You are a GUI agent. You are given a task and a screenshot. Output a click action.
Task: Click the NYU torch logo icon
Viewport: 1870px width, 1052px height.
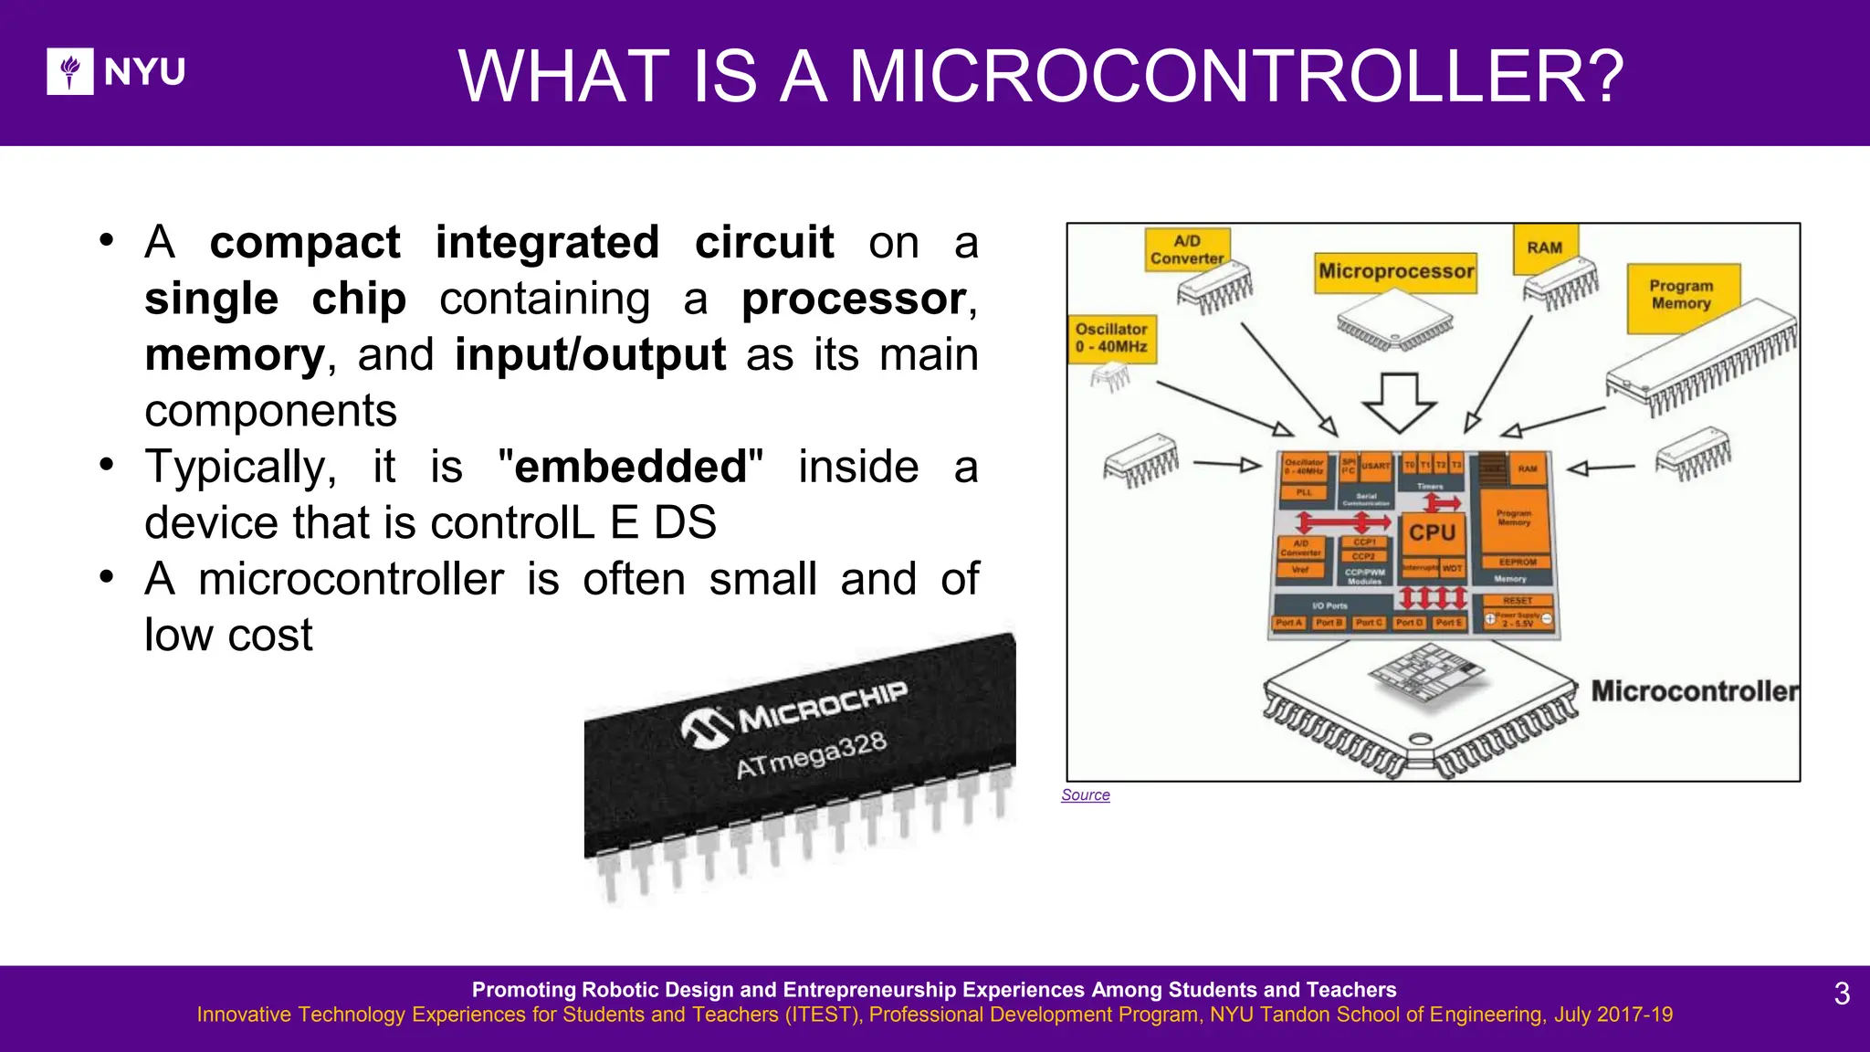[x=70, y=71]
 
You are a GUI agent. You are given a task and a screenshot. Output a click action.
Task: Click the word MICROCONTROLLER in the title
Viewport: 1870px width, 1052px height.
[x=1236, y=76]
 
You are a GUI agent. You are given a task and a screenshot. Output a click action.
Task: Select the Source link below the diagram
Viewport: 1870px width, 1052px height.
[x=1085, y=795]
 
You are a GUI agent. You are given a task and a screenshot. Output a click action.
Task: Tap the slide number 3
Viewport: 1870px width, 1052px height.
[x=1842, y=994]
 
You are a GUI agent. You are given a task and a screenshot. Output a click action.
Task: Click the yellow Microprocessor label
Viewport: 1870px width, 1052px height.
[x=1395, y=272]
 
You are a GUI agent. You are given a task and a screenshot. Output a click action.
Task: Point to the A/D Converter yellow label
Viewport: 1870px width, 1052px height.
[x=1187, y=249]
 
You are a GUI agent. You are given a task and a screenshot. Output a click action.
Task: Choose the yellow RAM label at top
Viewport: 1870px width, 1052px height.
[x=1544, y=248]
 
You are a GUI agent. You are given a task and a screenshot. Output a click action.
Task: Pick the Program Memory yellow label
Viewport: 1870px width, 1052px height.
[x=1681, y=295]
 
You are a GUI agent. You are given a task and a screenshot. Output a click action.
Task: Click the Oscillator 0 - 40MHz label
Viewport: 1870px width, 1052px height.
[x=1111, y=338]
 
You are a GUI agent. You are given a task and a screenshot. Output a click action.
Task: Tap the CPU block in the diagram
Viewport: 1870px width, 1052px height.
[x=1432, y=532]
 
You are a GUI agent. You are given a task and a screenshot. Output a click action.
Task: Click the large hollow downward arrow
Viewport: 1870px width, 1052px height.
[x=1399, y=403]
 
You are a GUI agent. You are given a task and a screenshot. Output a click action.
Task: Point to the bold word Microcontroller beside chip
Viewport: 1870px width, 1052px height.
[x=1694, y=691]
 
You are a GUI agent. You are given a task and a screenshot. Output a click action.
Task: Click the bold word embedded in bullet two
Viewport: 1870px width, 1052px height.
[x=630, y=468]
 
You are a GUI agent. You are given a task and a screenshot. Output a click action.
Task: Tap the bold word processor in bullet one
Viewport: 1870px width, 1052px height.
[x=854, y=300]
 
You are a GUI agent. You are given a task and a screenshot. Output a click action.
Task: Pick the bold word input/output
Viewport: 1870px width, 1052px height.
[x=590, y=355]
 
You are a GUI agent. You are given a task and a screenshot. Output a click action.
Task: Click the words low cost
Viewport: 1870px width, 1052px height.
[x=228, y=636]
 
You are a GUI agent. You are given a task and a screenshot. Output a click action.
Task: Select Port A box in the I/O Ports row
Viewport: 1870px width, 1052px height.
[x=1288, y=623]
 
